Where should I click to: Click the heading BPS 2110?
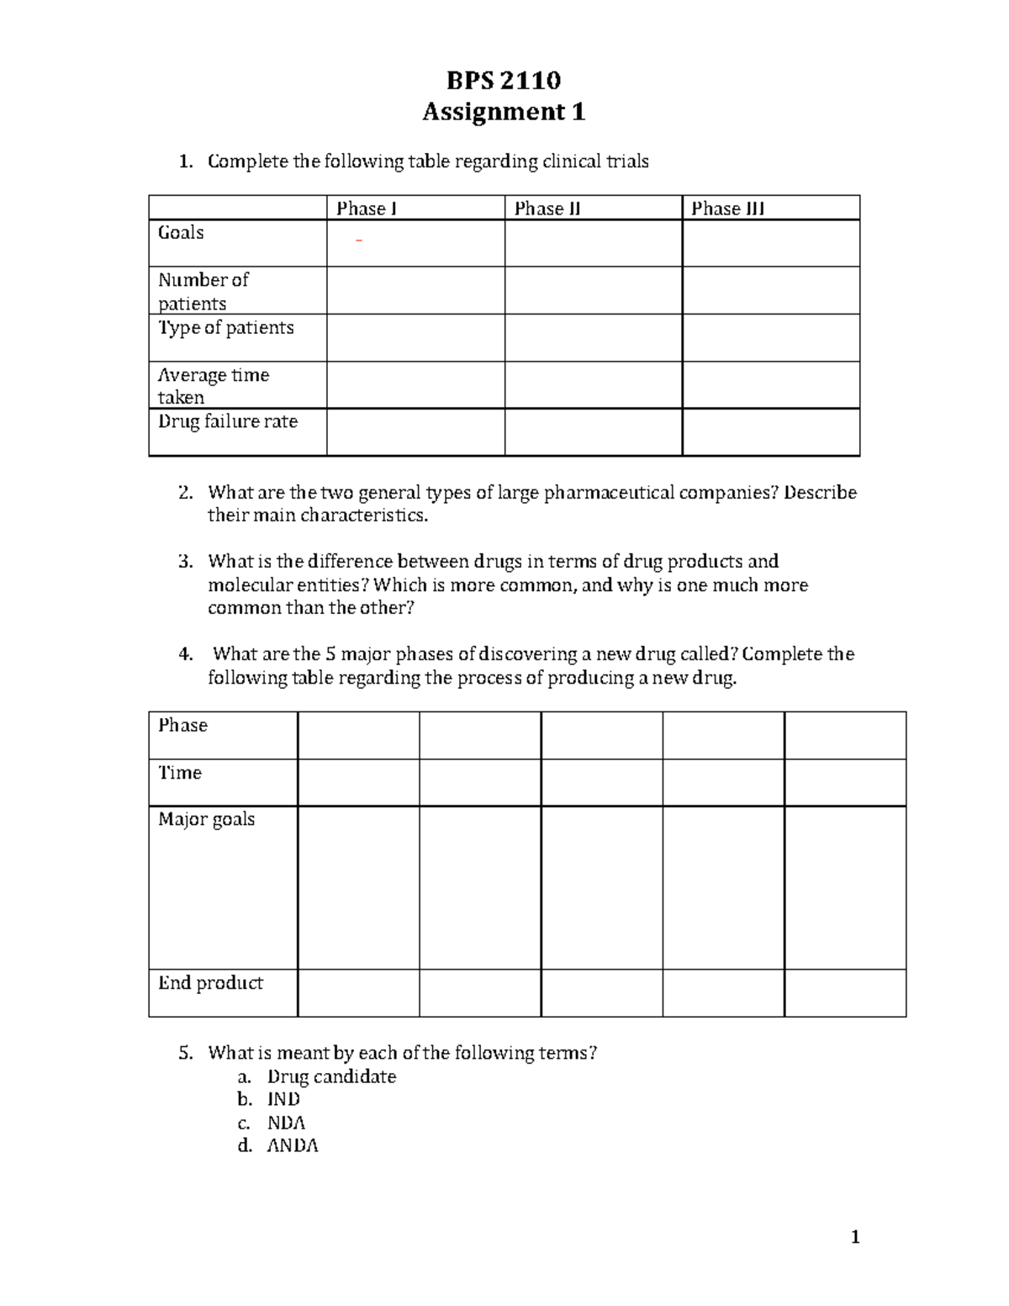point(503,80)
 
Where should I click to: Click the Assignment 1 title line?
point(503,112)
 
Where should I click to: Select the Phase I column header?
point(366,209)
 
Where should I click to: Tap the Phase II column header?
point(547,209)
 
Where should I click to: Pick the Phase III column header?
point(727,209)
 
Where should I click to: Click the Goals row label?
point(181,233)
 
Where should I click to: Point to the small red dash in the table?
point(359,242)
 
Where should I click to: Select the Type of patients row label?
point(225,328)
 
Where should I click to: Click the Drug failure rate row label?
point(228,421)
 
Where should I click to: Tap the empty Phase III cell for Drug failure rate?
point(770,432)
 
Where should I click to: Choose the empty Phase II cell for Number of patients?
point(593,291)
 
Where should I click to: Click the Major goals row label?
point(206,819)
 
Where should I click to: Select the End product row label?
point(210,983)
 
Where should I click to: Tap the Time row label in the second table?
point(180,773)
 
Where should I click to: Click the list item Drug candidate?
point(331,1077)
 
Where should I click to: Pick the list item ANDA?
point(293,1146)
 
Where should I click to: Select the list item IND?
point(283,1100)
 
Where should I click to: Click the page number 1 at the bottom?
point(855,1237)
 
